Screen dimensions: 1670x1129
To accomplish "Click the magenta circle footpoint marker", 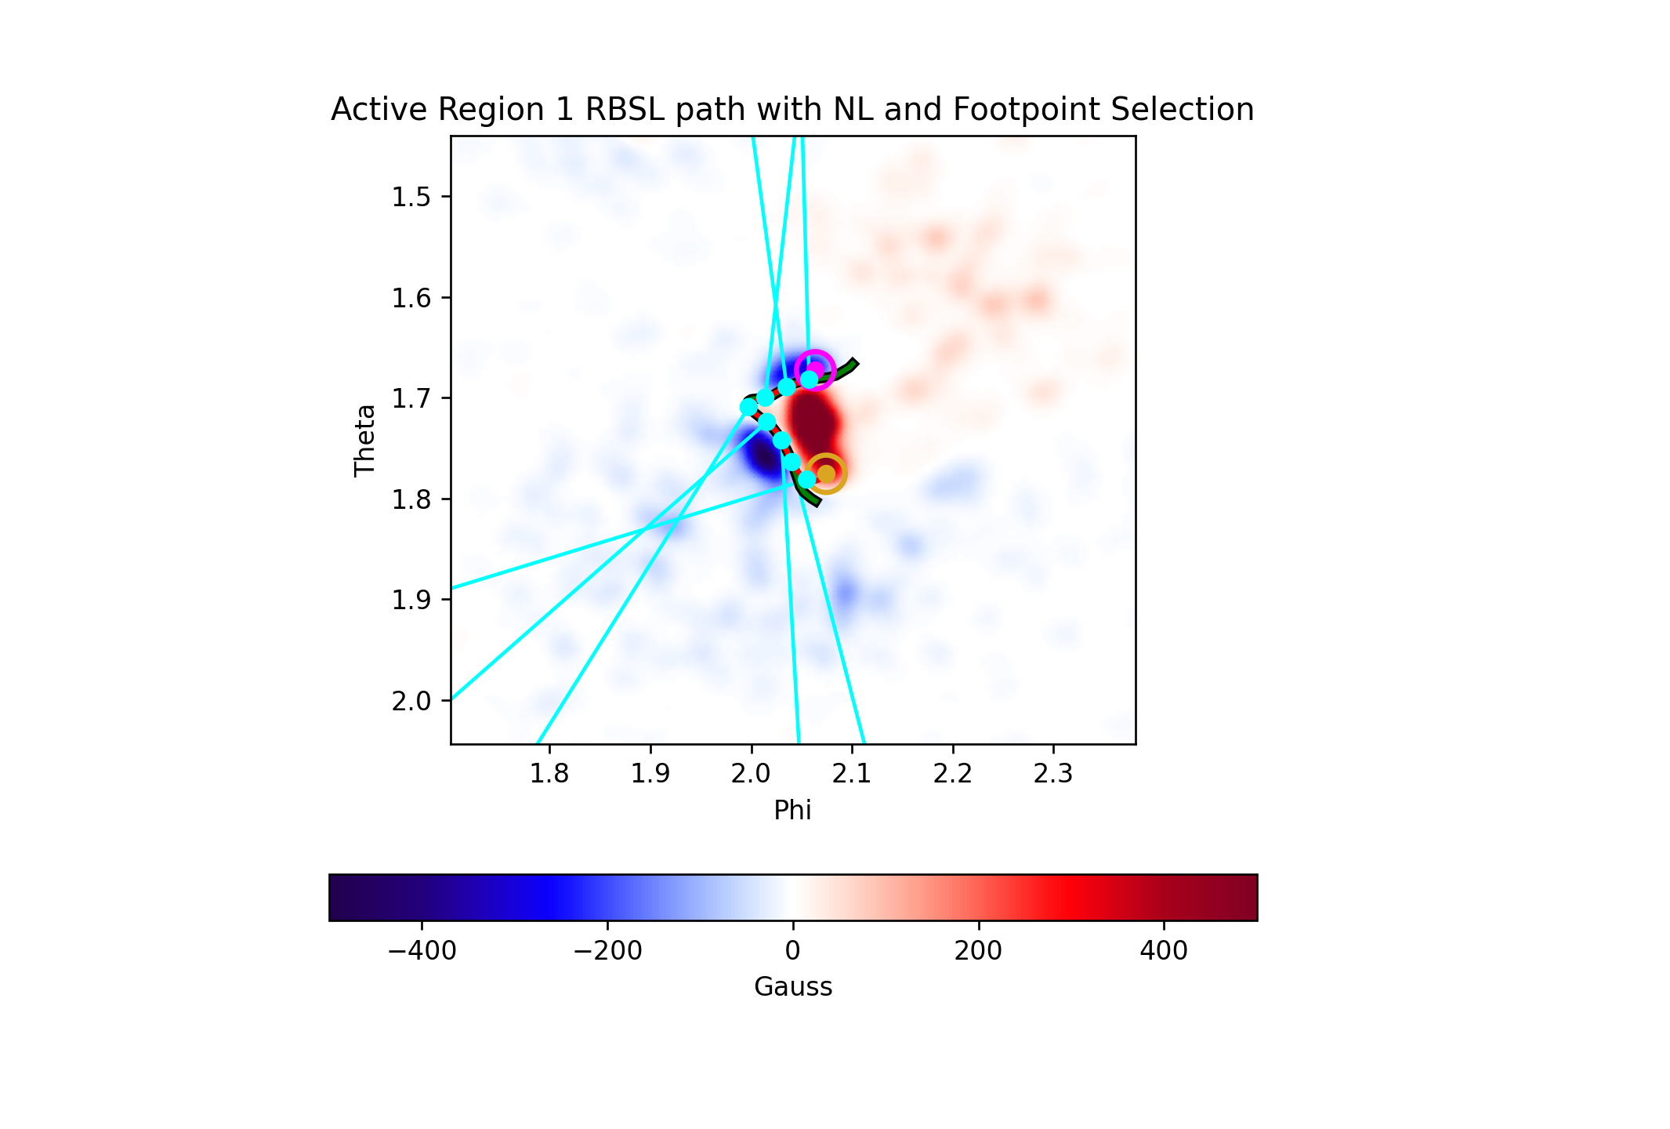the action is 814,354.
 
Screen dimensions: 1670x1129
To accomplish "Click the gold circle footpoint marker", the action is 826,456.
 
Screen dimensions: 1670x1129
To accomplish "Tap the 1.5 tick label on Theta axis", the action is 411,197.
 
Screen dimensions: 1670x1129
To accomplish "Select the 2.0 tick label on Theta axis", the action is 411,701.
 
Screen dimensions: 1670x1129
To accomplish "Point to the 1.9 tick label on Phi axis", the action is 650,774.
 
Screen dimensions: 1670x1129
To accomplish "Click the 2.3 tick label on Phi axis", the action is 1053,774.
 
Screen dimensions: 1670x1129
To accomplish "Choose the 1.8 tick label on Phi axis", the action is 549,774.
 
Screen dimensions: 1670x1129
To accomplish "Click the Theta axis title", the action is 365,440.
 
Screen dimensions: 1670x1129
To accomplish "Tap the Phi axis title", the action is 793,810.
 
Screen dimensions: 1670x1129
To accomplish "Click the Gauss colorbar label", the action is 793,986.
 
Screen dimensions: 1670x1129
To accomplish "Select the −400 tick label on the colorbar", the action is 422,951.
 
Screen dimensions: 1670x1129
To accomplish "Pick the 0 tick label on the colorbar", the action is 793,951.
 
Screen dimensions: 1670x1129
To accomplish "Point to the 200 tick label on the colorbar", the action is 979,951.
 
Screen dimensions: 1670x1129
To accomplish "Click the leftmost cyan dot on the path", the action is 749,407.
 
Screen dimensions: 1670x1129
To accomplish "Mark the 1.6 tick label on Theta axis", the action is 411,298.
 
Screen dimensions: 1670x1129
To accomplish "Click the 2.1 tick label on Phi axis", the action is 852,774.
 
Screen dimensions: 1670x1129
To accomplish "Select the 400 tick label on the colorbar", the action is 1164,951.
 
